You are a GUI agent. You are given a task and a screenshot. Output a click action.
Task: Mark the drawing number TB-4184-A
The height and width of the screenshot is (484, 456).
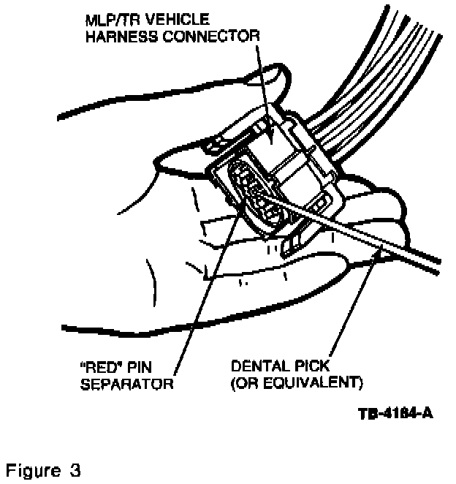pyautogui.click(x=395, y=414)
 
